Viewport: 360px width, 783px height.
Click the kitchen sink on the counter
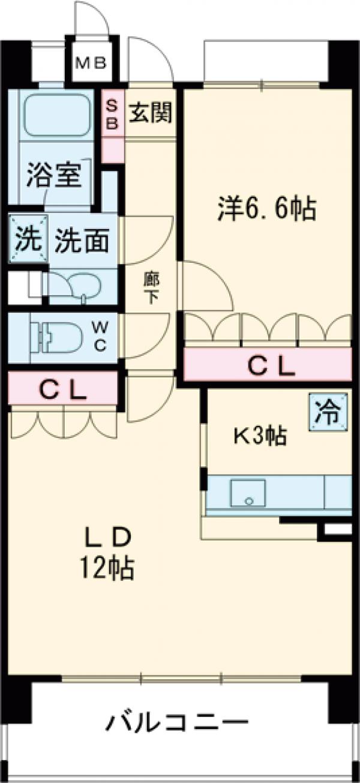248,492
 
